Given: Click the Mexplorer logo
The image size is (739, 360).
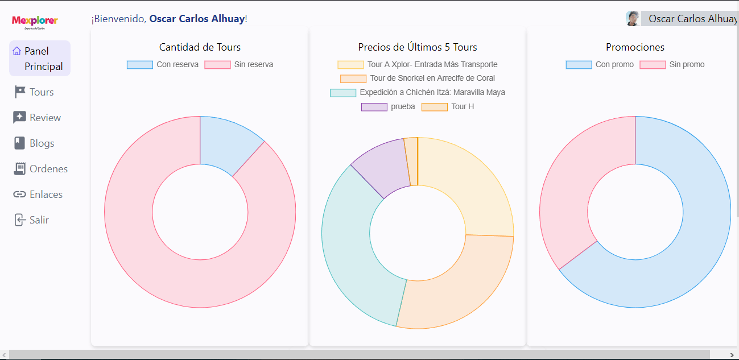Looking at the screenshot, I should tap(35, 22).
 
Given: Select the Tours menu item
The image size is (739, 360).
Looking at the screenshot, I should tap(34, 92).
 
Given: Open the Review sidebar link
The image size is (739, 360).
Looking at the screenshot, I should tap(38, 118).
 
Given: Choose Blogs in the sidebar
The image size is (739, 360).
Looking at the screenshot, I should tap(34, 143).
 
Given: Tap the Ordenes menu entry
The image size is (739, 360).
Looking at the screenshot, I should tap(40, 169).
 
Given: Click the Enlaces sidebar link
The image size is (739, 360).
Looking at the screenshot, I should tap(38, 195).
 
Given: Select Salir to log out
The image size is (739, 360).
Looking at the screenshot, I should tap(32, 220).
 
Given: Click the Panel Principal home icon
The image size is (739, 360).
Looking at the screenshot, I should tap(17, 51).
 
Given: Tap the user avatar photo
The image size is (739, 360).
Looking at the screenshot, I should tap(633, 19).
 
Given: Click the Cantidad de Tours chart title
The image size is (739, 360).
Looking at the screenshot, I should tap(200, 47).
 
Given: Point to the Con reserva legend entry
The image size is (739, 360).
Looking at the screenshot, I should tap(163, 65).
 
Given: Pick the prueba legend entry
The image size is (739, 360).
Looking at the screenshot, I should tap(389, 107).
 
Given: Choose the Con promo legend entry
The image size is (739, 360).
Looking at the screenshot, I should tap(600, 65).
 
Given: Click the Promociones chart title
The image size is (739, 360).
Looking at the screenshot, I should tap(635, 47).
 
